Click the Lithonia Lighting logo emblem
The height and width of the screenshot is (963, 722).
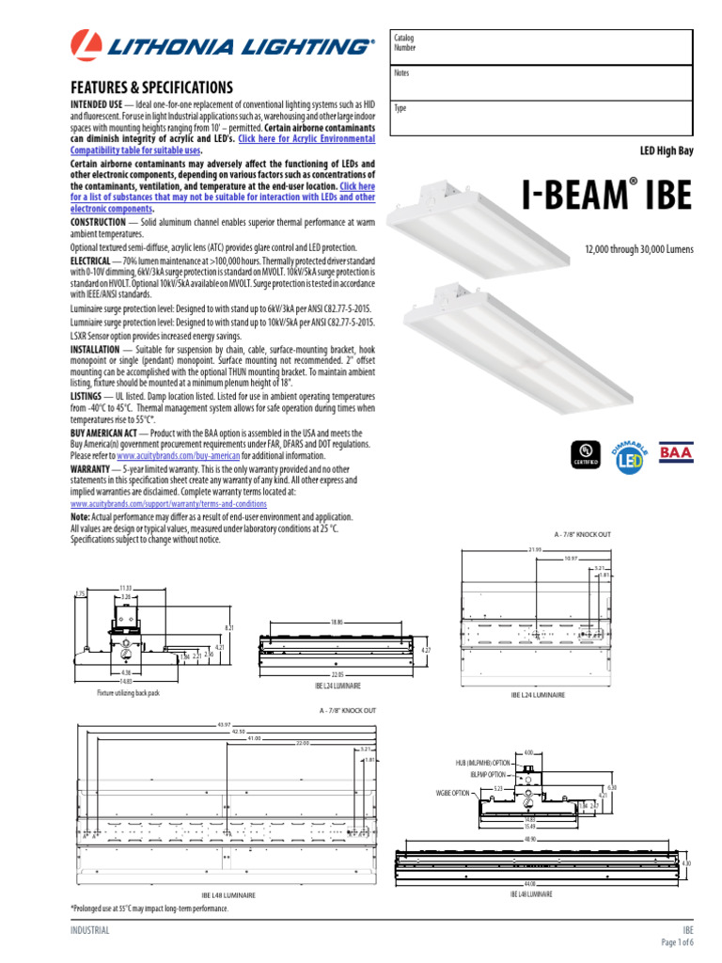(86, 45)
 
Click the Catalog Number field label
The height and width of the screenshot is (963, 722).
(405, 41)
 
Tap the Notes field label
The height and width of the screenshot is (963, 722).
(400, 73)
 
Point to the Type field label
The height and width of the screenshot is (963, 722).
(400, 108)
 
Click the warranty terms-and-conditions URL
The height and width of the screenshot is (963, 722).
(168, 503)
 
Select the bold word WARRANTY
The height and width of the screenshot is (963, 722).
(90, 466)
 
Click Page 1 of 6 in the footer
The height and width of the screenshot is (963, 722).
(677, 942)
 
